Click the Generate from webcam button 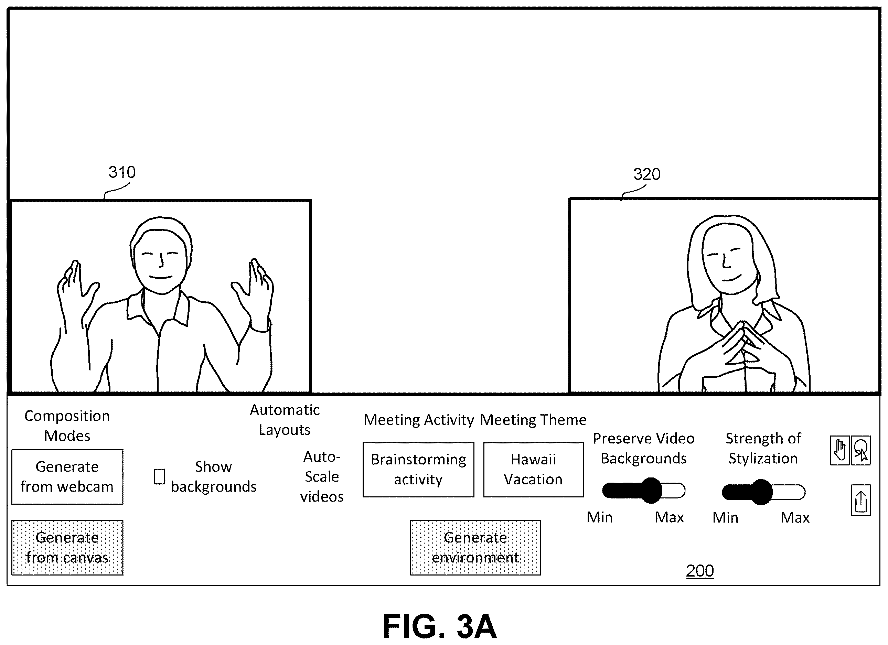(67, 477)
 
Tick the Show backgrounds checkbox (159, 477)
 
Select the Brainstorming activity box (418, 470)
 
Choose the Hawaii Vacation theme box (533, 470)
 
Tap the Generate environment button (475, 548)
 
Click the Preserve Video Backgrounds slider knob (651, 491)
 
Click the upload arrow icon (860, 501)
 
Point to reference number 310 (122, 172)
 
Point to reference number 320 (647, 174)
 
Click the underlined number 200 (700, 571)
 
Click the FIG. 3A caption (439, 626)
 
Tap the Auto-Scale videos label (322, 477)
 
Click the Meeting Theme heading (533, 420)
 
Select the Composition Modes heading (67, 426)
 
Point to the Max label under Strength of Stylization (795, 518)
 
